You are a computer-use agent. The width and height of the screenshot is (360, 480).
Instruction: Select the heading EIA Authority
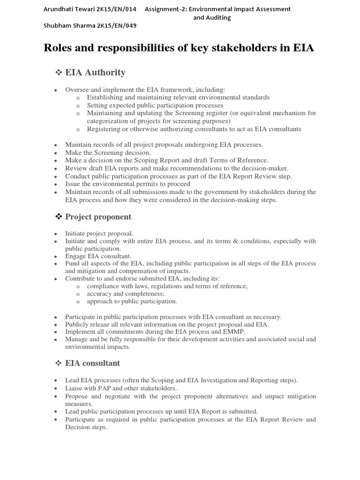pyautogui.click(x=95, y=73)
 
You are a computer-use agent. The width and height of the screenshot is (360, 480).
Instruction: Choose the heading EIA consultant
pyautogui.click(x=92, y=363)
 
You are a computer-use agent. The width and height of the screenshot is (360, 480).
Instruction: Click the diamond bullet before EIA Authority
pyautogui.click(x=59, y=73)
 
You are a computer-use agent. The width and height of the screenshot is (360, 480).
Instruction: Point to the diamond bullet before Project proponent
pyautogui.click(x=59, y=217)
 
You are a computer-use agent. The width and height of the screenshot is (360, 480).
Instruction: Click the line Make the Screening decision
pyautogui.click(x=108, y=153)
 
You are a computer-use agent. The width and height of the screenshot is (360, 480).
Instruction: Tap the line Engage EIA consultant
pyautogui.click(x=98, y=256)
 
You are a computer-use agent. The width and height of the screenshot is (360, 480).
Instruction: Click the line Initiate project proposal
pyautogui.click(x=99, y=233)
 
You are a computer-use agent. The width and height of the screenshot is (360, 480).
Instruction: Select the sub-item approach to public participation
pyautogui.click(x=132, y=301)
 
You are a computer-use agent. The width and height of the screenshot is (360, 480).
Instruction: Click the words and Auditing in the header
pyautogui.click(x=212, y=17)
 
